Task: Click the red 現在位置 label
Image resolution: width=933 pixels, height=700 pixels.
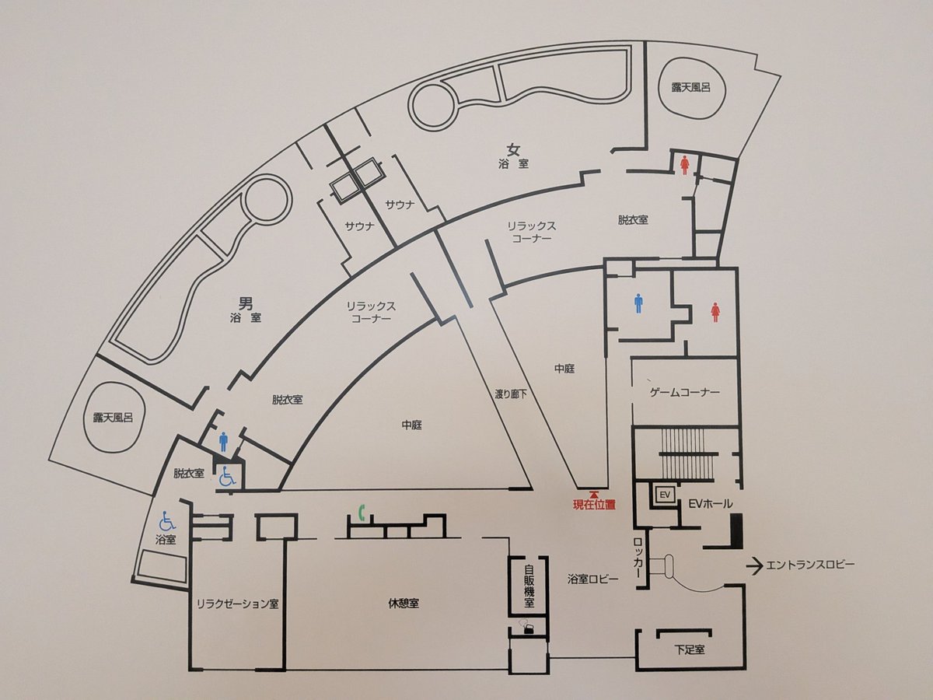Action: click(594, 505)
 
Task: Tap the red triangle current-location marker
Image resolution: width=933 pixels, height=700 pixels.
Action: click(594, 495)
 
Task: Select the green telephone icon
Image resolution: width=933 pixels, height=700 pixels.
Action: click(362, 513)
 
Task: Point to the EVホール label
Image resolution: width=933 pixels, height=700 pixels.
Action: click(711, 504)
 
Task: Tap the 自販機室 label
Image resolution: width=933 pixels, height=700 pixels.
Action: click(529, 586)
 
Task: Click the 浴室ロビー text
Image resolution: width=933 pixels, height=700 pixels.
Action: click(593, 579)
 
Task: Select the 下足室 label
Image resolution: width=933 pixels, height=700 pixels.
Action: click(690, 661)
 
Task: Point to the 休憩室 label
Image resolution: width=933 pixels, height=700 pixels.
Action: click(404, 604)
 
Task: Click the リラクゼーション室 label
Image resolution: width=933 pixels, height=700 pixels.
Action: click(237, 604)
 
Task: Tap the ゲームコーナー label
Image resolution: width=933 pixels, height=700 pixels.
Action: click(684, 391)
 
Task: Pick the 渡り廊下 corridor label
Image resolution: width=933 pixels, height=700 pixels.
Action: click(511, 394)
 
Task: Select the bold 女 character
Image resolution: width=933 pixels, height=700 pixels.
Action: click(514, 149)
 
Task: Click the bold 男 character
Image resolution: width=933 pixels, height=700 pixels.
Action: click(246, 303)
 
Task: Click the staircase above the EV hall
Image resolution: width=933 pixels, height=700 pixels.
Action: click(688, 455)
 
